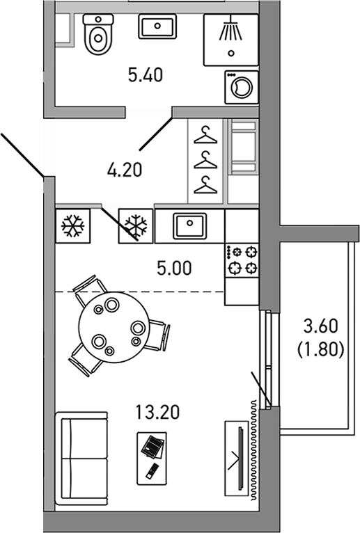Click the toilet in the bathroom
click(x=97, y=35)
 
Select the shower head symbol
click(x=230, y=31)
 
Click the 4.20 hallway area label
click(x=125, y=169)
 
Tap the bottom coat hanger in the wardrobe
click(x=205, y=184)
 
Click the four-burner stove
click(x=241, y=259)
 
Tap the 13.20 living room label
click(x=158, y=413)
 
